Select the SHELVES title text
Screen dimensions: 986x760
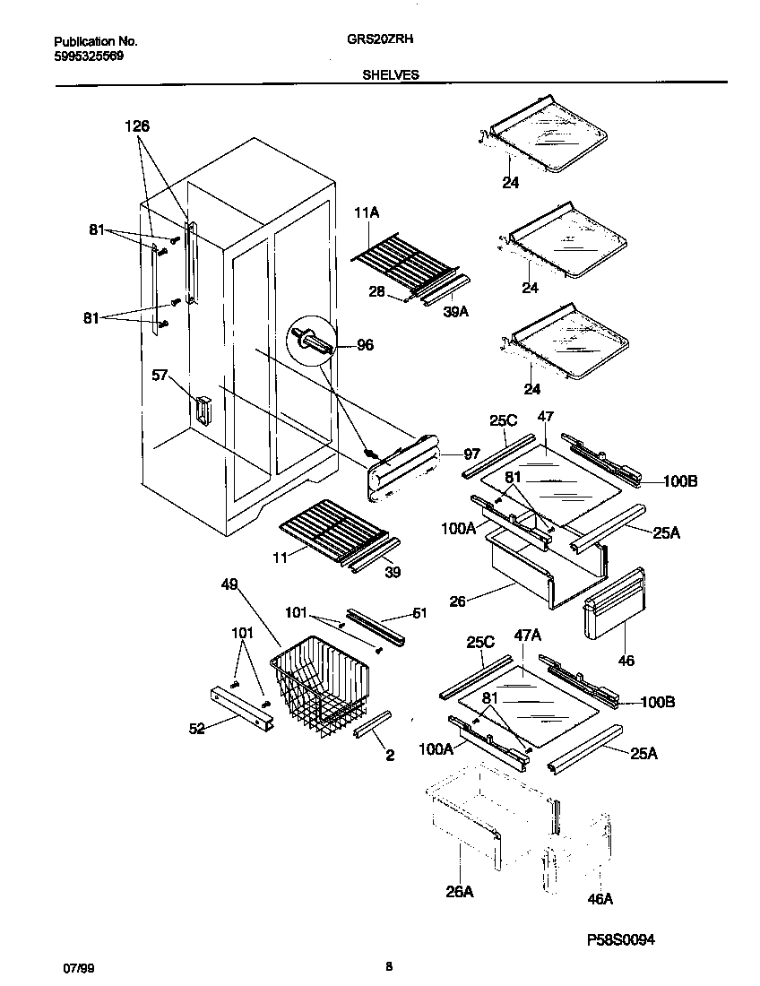[390, 76]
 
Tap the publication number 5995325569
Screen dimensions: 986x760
[89, 56]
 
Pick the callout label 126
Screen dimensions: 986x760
[137, 126]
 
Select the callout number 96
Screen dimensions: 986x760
[366, 344]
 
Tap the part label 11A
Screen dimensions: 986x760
[367, 213]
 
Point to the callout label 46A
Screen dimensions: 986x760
[600, 899]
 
